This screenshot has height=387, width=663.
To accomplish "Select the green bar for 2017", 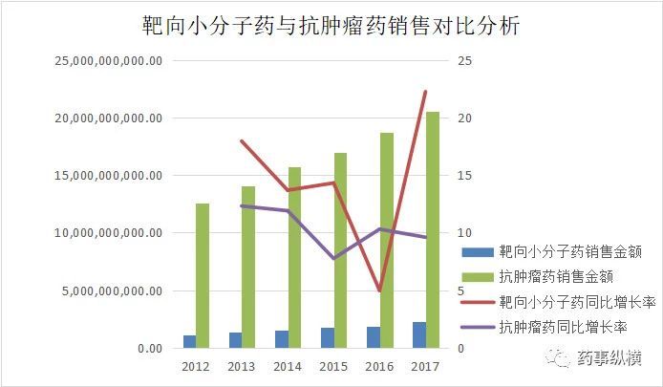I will pos(433,229).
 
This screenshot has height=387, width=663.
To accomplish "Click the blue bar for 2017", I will pos(418,335).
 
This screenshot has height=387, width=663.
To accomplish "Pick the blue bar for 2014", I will pos(281,339).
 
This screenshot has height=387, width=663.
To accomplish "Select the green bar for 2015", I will pos(340,250).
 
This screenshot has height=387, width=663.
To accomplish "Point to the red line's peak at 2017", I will pos(425,92).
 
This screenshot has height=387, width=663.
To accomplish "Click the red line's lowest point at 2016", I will pos(379,290).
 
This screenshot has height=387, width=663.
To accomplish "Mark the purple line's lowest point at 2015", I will pos(333,258).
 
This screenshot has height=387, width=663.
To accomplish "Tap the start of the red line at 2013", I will pos(242,141).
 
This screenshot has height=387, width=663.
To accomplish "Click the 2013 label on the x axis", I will pos(241,366).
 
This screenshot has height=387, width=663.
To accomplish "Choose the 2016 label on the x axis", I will pos(379,366).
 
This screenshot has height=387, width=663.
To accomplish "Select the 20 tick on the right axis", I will pos(465,118).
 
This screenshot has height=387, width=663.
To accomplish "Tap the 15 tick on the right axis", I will pos(465,176).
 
